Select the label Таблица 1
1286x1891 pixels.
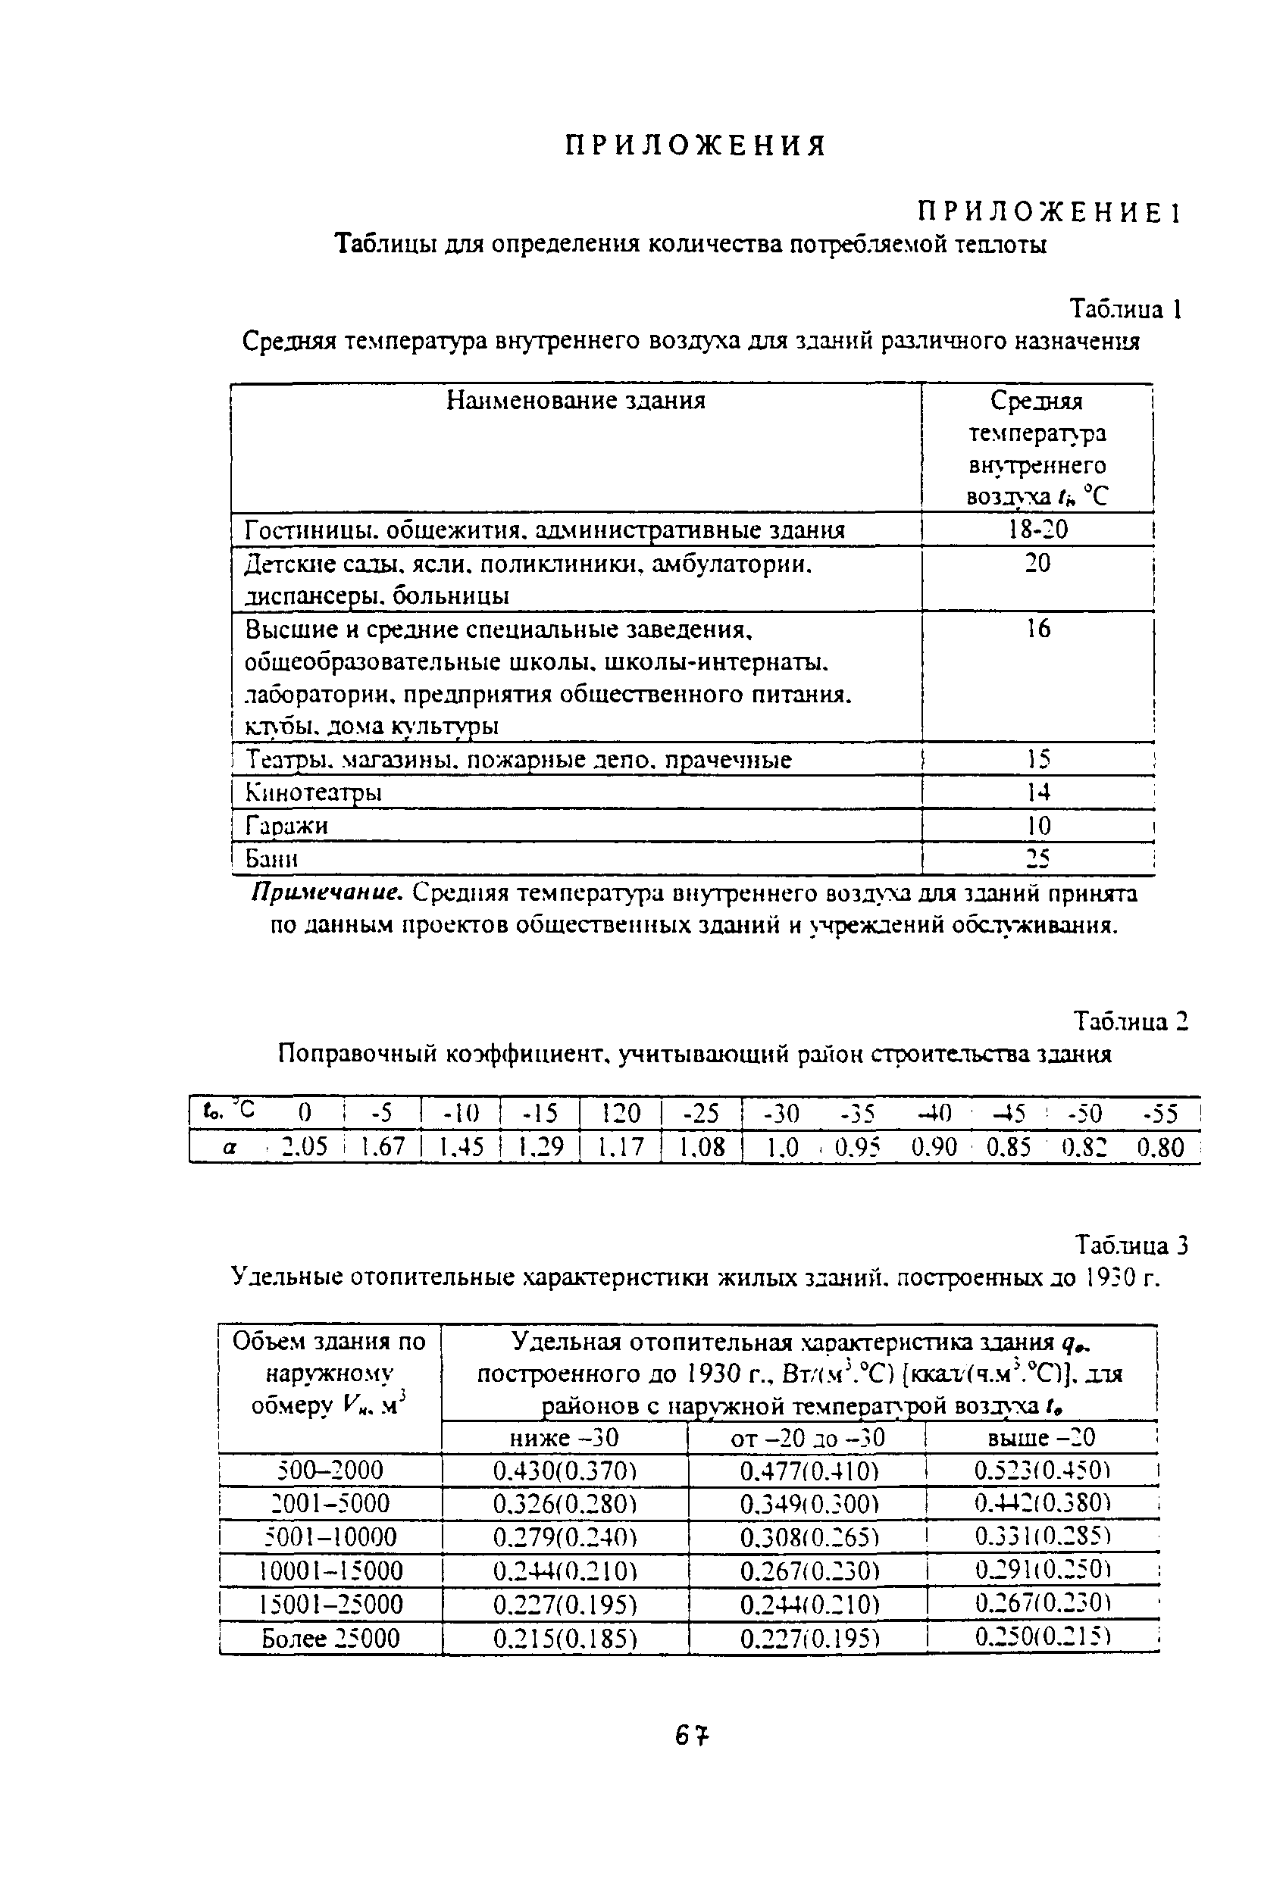[1125, 309]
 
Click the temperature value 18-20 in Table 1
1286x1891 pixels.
[1037, 530]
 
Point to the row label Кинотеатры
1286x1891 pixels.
[314, 792]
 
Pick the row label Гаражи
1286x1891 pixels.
[287, 826]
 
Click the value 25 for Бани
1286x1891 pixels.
[1037, 858]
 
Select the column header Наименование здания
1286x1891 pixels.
[576, 400]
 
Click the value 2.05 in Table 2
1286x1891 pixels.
[304, 1147]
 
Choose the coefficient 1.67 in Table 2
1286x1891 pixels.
[383, 1147]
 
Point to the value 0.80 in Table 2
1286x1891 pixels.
[1160, 1147]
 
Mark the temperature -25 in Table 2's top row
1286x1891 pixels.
[702, 1113]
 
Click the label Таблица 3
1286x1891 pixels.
[1131, 1246]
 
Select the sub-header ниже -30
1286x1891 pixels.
[564, 1438]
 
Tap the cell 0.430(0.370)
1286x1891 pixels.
[564, 1471]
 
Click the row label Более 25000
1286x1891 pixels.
[330, 1638]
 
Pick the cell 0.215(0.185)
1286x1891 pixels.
[564, 1638]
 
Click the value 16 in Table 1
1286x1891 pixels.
[1037, 628]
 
